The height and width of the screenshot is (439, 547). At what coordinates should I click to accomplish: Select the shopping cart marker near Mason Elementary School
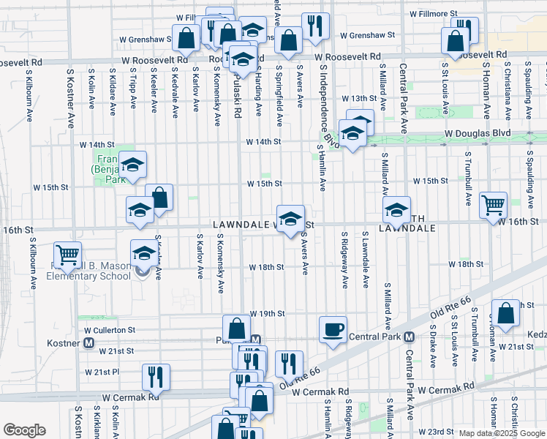67,255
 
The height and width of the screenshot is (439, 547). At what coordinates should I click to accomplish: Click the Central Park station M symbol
409,337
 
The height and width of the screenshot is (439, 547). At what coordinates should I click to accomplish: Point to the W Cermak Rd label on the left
129,397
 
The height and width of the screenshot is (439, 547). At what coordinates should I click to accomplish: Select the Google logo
24,430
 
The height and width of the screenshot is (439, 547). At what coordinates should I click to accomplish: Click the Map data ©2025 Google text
502,433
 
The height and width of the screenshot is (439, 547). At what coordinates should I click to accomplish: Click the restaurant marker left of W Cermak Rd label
155,376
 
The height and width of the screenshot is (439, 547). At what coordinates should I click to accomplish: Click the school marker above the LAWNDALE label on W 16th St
290,217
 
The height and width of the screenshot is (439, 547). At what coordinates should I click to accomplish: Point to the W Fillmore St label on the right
433,13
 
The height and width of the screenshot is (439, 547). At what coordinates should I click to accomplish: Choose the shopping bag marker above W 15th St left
159,196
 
